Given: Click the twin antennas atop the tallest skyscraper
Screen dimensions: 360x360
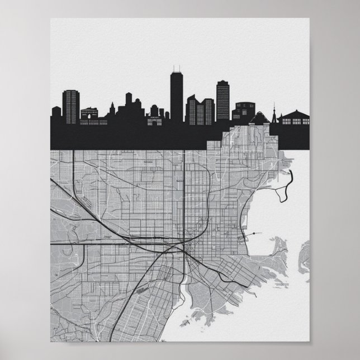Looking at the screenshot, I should pyautogui.click(x=177, y=70).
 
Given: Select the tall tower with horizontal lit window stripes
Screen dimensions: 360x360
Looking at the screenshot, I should pyautogui.click(x=223, y=101).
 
